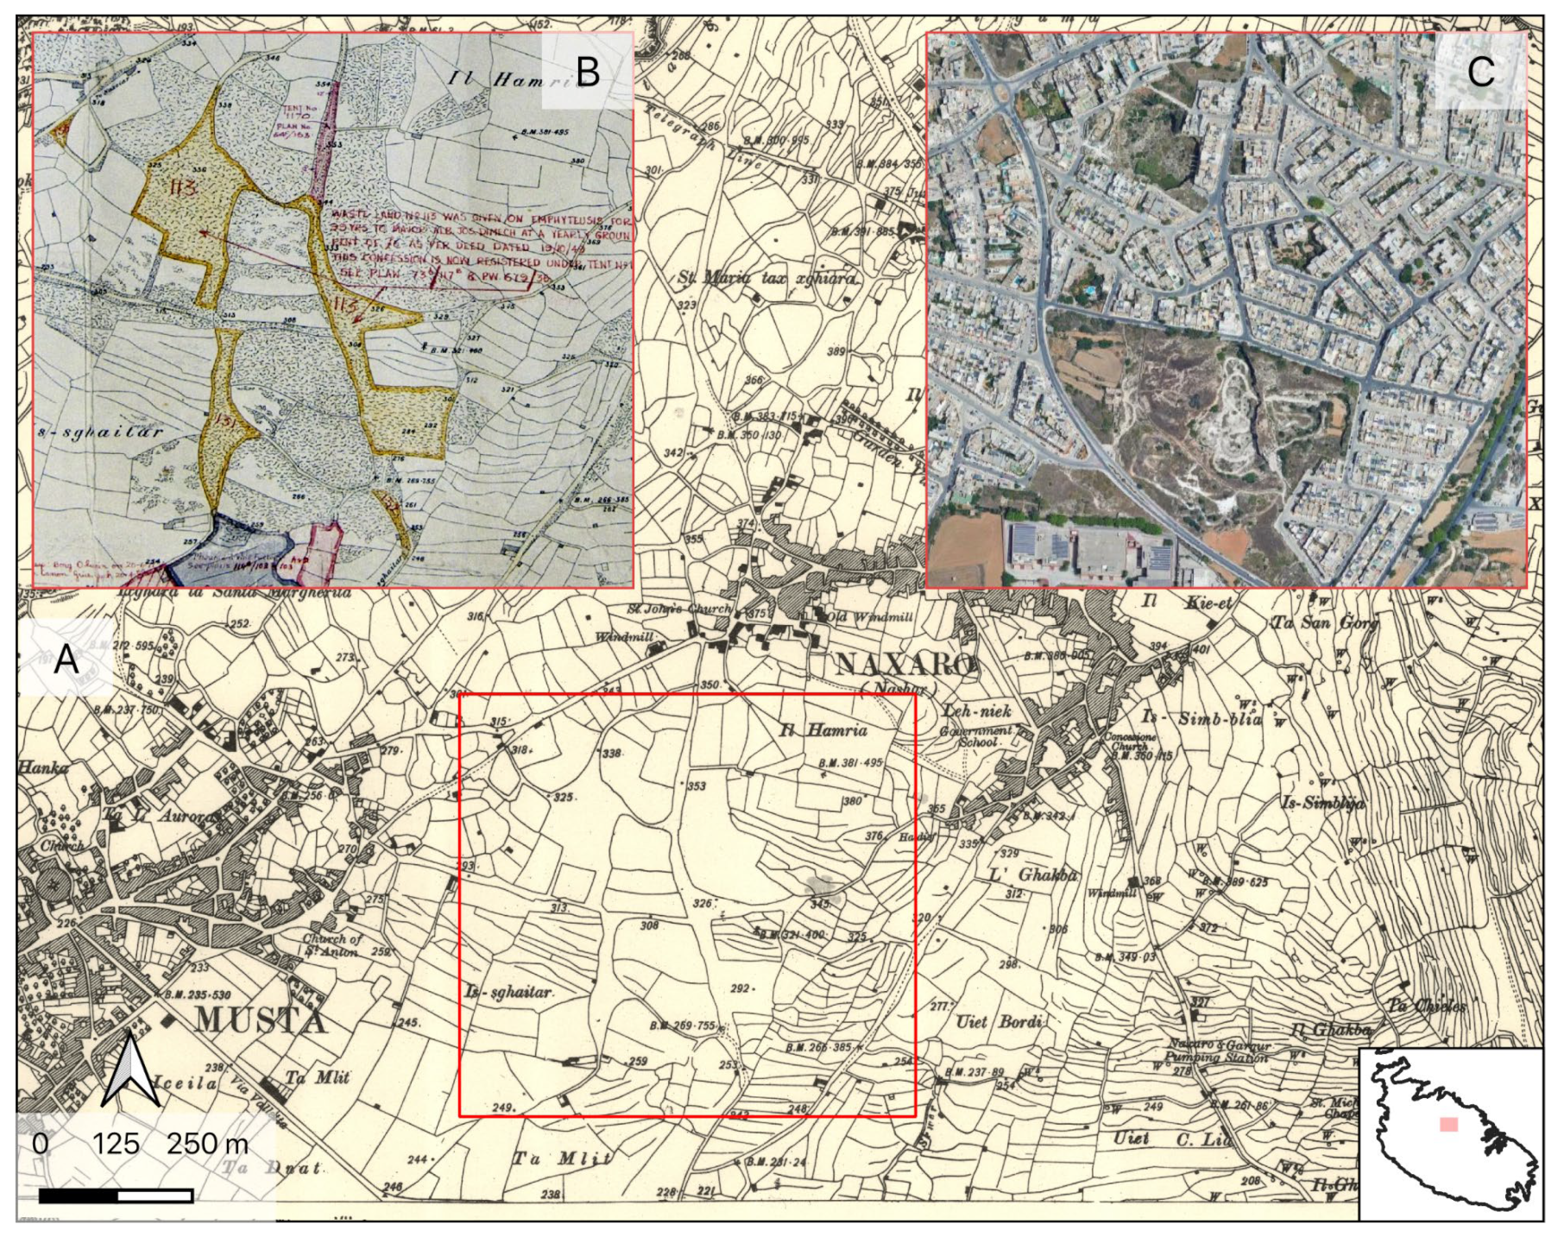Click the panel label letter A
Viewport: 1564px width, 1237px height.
[x=66, y=660]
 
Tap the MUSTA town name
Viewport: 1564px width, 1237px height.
[x=260, y=1021]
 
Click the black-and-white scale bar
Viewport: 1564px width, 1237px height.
[x=116, y=1196]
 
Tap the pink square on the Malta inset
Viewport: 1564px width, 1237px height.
[x=1448, y=1124]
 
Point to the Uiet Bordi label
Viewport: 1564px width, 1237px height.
[x=999, y=1022]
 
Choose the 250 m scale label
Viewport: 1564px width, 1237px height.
[x=207, y=1144]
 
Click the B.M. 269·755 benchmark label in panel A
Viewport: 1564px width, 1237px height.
[x=682, y=1026]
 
